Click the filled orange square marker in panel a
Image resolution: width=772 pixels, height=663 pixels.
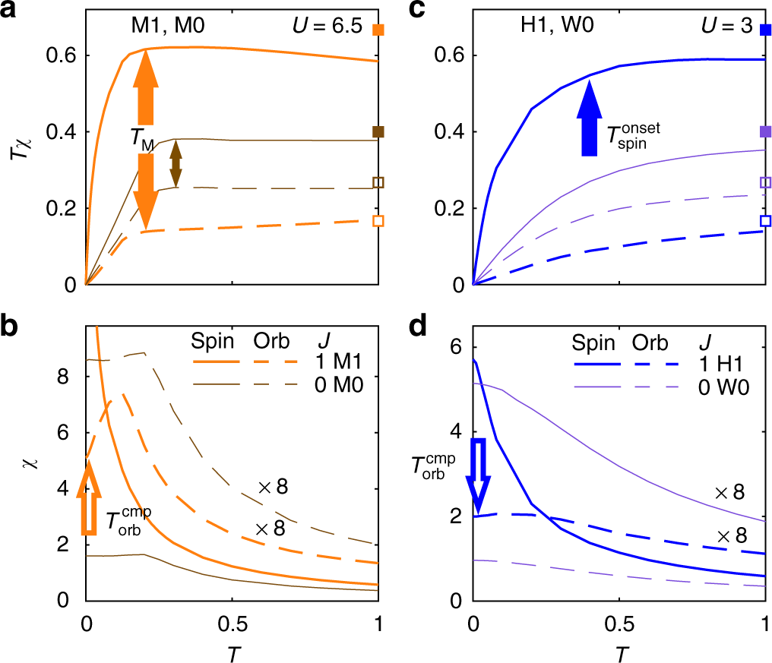coord(379,30)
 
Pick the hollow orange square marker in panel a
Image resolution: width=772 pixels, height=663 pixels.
coord(379,221)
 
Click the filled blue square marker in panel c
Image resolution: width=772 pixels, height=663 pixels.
coord(766,30)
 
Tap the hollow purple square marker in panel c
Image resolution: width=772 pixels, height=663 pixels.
coord(766,182)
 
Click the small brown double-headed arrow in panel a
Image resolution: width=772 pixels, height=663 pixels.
coord(176,163)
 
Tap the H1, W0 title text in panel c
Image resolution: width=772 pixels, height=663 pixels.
coord(546,27)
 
